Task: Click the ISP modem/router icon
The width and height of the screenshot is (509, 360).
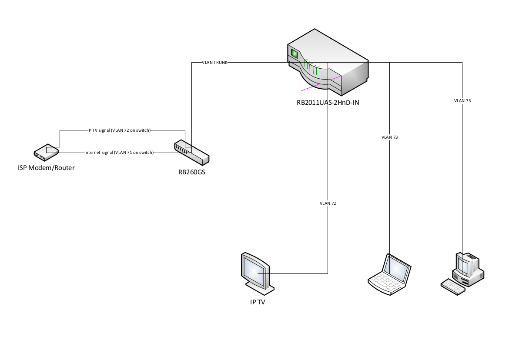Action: (x=46, y=152)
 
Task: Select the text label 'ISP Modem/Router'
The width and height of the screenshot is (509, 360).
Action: (x=46, y=168)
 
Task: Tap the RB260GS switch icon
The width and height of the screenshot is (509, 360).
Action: (x=191, y=152)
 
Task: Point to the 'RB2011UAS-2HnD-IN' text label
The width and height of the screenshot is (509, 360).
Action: (x=327, y=103)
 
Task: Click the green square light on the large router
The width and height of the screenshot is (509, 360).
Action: (x=294, y=54)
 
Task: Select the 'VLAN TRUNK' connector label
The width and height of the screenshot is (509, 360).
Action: (x=214, y=63)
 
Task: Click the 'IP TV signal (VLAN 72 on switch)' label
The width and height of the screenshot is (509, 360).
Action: (x=119, y=130)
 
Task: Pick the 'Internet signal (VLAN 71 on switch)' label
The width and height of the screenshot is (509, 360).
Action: (x=119, y=153)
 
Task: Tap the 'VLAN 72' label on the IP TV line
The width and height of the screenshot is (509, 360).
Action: (x=328, y=203)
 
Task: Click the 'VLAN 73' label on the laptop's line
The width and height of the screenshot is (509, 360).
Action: (x=389, y=137)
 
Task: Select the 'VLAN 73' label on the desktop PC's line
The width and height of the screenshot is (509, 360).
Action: (x=462, y=100)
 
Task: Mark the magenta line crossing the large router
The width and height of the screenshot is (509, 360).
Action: (x=322, y=83)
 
